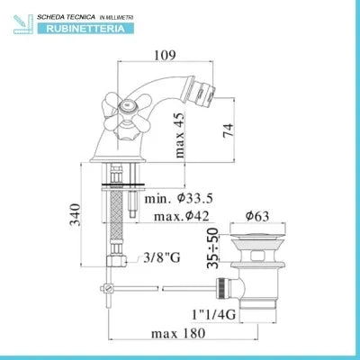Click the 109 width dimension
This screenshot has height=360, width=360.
click(x=165, y=55)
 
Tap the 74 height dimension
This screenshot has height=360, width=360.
click(x=228, y=130)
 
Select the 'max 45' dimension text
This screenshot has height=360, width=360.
click(x=179, y=135)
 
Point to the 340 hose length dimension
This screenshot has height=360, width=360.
click(x=75, y=214)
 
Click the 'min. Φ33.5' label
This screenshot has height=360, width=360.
click(x=179, y=198)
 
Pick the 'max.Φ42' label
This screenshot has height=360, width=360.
click(x=181, y=216)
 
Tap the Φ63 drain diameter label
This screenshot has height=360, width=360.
click(x=257, y=216)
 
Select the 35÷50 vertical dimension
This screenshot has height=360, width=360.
click(x=212, y=247)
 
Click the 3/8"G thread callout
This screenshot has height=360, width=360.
click(x=162, y=257)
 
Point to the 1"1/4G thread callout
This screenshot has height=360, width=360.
click(x=213, y=314)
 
